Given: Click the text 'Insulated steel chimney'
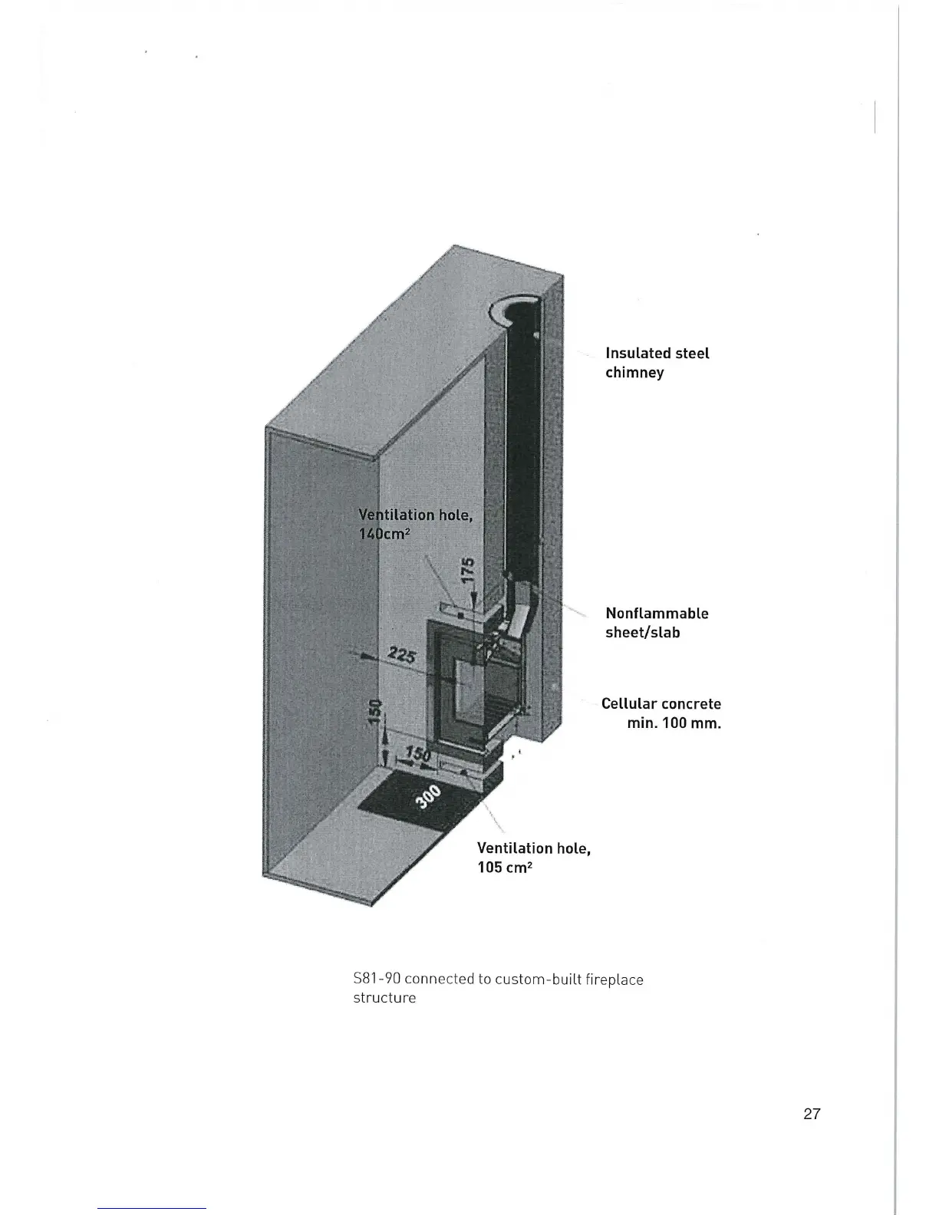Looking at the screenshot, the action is pos(657,363).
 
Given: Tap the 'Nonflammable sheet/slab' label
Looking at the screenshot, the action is pos(657,623).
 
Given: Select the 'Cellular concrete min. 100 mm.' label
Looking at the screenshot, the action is pos(661,713).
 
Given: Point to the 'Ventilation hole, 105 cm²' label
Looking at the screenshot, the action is pos(533,858).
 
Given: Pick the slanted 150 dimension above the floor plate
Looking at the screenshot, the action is pos(415,756).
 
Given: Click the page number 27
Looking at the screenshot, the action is pos(812,1115).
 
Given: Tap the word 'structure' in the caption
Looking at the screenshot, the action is pos(384,998).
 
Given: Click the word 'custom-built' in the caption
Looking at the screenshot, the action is pos(538,980).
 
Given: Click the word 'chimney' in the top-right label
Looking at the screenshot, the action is pos(634,373).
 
